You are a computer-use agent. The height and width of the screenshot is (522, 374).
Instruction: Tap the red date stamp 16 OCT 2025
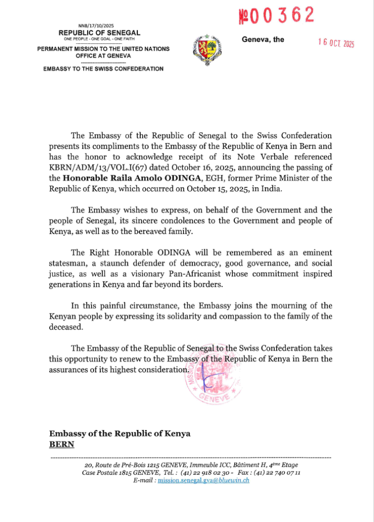click(x=336, y=43)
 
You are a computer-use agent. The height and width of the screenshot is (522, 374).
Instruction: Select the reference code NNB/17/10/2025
click(x=96, y=26)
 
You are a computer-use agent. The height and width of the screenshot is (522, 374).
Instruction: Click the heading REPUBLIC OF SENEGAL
click(x=99, y=33)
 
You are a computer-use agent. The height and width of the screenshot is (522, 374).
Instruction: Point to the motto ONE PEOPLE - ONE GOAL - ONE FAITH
click(x=99, y=38)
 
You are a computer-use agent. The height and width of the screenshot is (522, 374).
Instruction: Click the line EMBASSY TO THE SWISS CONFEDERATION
click(x=103, y=69)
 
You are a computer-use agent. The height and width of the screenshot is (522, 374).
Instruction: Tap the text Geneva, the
click(x=263, y=40)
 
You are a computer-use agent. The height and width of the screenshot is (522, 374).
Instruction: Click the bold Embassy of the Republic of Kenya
click(x=120, y=434)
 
